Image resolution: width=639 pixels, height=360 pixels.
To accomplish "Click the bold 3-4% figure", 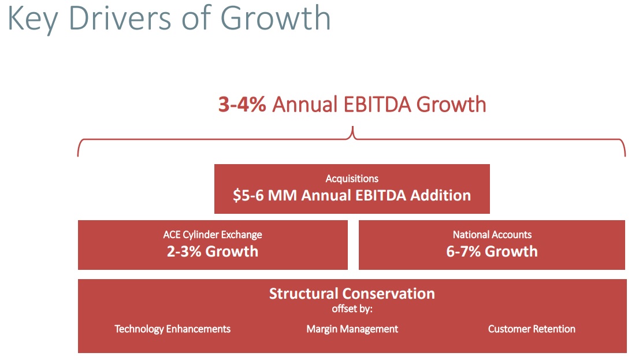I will click(242, 105).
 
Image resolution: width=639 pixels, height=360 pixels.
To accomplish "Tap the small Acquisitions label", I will click(352, 179).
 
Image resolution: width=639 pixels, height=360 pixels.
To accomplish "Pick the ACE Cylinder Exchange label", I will click(213, 235).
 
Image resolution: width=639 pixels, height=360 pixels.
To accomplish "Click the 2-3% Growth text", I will click(213, 251).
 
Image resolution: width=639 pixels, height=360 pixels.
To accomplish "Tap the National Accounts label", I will click(492, 235).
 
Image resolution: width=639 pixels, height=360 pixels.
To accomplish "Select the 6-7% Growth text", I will click(492, 251).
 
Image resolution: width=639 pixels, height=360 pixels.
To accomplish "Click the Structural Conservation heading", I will click(352, 294).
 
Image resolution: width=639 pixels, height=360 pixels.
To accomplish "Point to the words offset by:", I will click(352, 309).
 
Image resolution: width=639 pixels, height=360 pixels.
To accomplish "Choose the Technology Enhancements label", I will click(172, 329).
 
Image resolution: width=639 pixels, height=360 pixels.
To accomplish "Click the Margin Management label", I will click(352, 329).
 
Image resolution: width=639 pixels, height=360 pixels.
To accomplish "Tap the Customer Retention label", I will click(532, 329).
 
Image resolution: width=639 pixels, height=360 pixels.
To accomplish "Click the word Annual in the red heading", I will click(304, 105).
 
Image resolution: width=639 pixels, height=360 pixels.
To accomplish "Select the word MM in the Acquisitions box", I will click(283, 195).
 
